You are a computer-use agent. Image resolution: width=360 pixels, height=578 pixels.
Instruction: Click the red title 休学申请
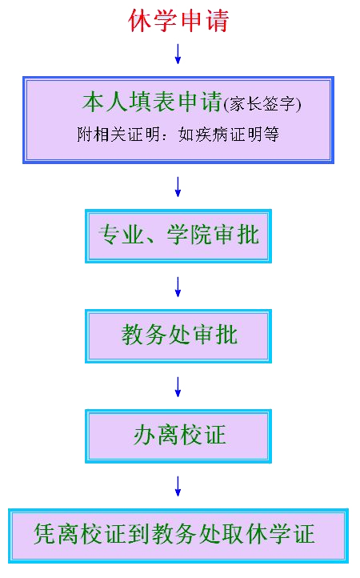pyautogui.click(x=178, y=20)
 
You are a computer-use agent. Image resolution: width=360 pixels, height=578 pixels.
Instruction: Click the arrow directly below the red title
pyautogui.click(x=178, y=54)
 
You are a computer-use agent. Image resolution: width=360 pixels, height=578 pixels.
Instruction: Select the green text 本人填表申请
pyautogui.click(x=152, y=102)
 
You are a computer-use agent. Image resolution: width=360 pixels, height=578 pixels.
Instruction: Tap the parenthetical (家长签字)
pyautogui.click(x=262, y=104)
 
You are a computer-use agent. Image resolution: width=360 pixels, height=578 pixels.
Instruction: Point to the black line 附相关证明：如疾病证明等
pyautogui.click(x=178, y=134)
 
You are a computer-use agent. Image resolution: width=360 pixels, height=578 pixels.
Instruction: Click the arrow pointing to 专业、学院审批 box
pyautogui.click(x=178, y=187)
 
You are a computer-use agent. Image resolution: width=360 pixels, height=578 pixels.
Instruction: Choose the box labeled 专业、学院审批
pyautogui.click(x=178, y=236)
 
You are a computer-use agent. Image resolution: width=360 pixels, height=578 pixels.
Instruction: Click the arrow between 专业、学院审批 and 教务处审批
pyautogui.click(x=178, y=287)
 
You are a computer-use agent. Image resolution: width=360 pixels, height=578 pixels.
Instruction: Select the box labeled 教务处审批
pyautogui.click(x=178, y=336)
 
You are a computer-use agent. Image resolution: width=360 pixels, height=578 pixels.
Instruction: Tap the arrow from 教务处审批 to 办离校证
pyautogui.click(x=178, y=387)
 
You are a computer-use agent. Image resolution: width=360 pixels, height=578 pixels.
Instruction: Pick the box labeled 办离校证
pyautogui.click(x=178, y=436)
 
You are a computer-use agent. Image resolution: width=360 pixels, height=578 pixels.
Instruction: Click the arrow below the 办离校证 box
pyautogui.click(x=178, y=486)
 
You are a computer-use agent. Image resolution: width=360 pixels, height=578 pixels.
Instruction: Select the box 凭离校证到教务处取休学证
pyautogui.click(x=178, y=536)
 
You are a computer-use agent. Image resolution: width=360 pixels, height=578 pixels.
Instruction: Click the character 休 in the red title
pyautogui.click(x=140, y=20)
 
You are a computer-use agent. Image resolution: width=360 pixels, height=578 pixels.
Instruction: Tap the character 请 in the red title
pyautogui.click(x=218, y=20)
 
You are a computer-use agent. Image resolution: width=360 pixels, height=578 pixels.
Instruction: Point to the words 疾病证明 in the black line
pyautogui.click(x=229, y=134)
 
